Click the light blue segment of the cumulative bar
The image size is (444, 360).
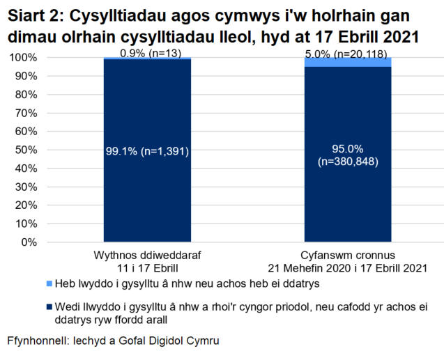point(348,62)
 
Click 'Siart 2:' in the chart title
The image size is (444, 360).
point(36,15)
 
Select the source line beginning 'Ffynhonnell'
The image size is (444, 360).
point(113,342)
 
